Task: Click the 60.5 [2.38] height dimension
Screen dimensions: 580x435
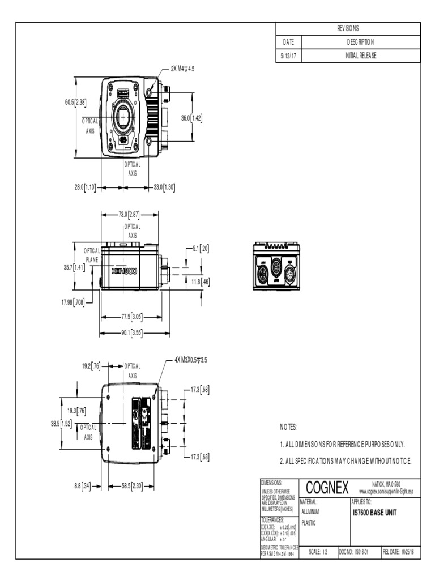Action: pos(75,103)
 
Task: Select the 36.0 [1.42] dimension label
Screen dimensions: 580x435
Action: pos(191,118)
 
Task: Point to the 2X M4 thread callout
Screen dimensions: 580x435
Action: pos(183,69)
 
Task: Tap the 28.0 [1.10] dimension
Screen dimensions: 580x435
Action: pos(85,187)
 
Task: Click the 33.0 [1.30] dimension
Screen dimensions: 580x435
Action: pos(164,187)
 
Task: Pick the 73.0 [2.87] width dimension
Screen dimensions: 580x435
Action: pos(129,215)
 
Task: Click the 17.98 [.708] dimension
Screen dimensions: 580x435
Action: pos(73,302)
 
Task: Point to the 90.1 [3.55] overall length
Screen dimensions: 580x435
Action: pos(131,332)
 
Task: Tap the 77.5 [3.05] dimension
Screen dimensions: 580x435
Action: pos(131,317)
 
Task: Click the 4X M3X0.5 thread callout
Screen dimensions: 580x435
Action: pos(191,359)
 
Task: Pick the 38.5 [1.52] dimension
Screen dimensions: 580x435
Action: pos(61,423)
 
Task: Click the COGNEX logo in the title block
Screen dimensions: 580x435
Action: pos(327,487)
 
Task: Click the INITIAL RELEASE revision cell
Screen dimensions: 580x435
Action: pos(360,56)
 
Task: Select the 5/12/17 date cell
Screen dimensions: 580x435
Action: pos(289,56)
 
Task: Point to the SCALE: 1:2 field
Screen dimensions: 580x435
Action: pos(317,551)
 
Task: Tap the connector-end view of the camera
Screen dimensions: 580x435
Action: pos(276,266)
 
